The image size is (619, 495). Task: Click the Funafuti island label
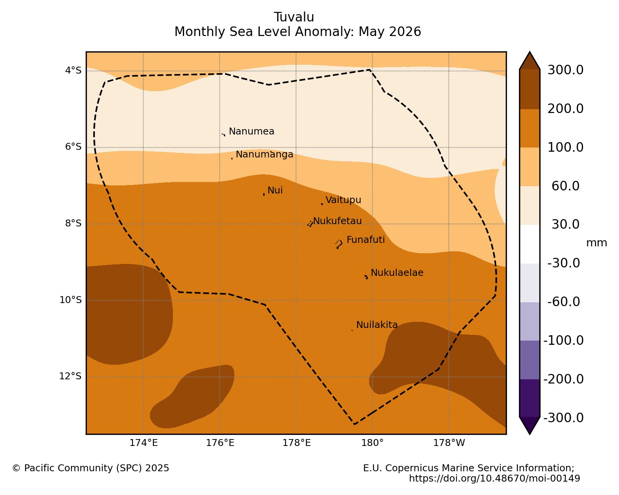coord(365,240)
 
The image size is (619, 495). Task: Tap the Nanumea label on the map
coord(251,131)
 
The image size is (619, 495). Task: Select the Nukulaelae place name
coord(397,272)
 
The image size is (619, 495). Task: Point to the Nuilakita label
coord(377,325)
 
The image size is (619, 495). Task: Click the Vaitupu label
coord(344,200)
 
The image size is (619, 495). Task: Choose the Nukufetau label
coord(337,221)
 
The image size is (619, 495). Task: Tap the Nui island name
coord(275,190)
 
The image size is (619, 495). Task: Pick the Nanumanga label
coord(264,154)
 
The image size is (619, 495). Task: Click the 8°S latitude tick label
coord(73,223)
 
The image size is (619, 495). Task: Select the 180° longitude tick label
coord(372,443)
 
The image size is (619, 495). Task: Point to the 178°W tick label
coord(449,443)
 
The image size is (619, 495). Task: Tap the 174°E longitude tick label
coord(143,443)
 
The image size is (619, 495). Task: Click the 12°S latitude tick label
coord(70,376)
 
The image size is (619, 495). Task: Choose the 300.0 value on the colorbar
coord(565,70)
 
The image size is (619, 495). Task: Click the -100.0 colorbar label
coord(563,340)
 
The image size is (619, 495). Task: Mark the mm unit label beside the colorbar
coord(596,243)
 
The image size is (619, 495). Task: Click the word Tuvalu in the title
coord(294,17)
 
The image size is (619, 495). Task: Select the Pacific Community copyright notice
coord(91,468)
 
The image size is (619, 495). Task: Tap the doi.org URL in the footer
coord(494,478)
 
